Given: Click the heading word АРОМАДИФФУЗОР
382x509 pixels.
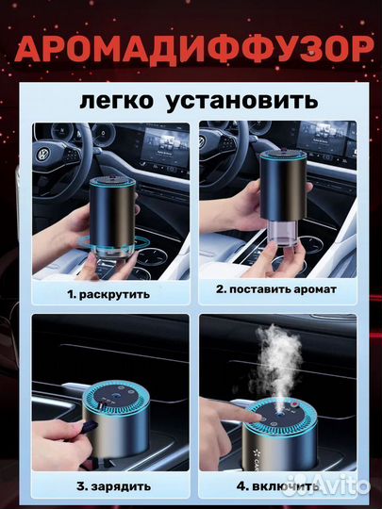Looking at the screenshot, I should (x=191, y=47).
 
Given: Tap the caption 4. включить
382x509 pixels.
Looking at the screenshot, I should (x=274, y=488).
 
